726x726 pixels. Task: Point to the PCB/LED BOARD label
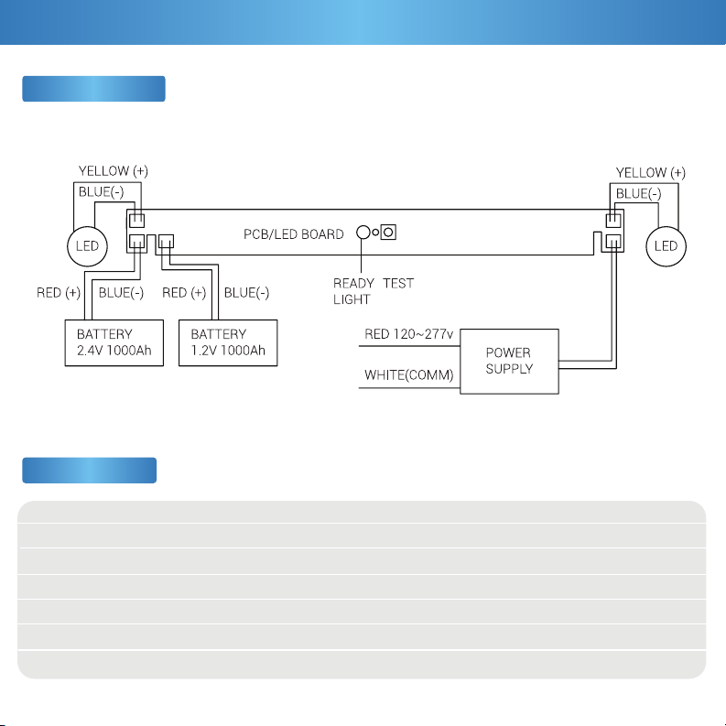pyautogui.click(x=294, y=234)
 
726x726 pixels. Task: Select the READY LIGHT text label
pyautogui.click(x=353, y=291)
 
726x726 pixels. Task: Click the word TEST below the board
pyautogui.click(x=398, y=284)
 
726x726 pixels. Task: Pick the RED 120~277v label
pyautogui.click(x=409, y=334)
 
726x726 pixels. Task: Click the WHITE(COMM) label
pyautogui.click(x=409, y=374)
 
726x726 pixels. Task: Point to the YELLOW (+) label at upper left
pyautogui.click(x=114, y=171)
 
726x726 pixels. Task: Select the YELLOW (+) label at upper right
pyautogui.click(x=651, y=173)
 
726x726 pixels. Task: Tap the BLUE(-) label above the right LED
pyautogui.click(x=638, y=193)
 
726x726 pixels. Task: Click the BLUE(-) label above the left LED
pyautogui.click(x=101, y=191)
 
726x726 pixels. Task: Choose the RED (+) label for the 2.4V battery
pyautogui.click(x=59, y=293)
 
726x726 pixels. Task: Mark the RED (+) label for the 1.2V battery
pyautogui.click(x=184, y=293)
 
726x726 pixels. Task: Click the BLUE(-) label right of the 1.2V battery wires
pyautogui.click(x=246, y=293)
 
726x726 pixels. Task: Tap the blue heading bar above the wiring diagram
pyautogui.click(x=93, y=89)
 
